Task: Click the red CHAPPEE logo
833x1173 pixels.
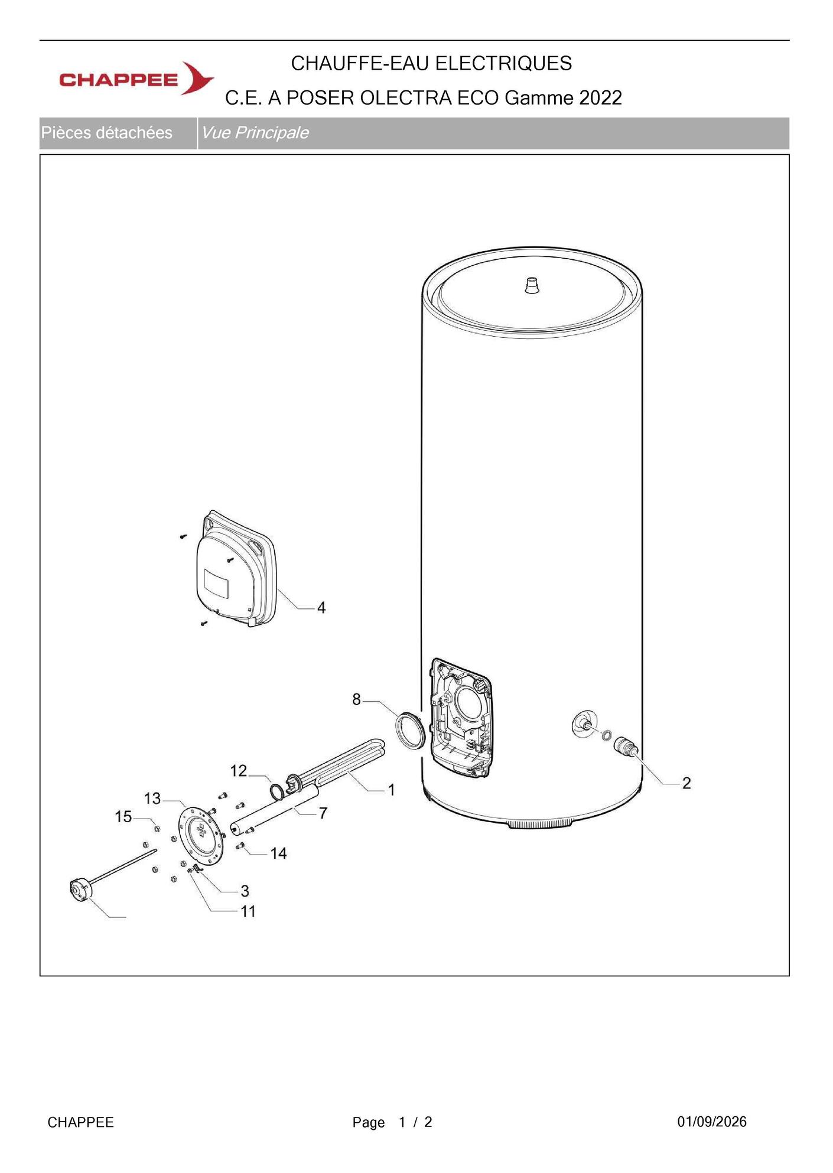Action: [136, 78]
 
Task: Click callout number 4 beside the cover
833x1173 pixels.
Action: [321, 607]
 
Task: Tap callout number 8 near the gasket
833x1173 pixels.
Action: [356, 699]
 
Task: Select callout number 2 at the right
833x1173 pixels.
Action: [686, 783]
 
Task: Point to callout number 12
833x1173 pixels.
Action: [239, 771]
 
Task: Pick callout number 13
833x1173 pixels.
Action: [152, 799]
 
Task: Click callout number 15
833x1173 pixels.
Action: [123, 817]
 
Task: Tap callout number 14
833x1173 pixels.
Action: [278, 853]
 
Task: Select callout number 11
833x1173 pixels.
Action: [248, 911]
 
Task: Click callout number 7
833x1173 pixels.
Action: [323, 813]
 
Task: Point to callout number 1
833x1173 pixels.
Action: [391, 790]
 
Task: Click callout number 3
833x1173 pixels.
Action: [245, 891]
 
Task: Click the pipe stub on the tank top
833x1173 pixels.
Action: [532, 285]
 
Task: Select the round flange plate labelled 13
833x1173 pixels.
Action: [201, 833]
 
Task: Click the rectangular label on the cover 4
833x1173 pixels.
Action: [216, 583]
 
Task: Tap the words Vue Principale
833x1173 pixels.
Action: [255, 133]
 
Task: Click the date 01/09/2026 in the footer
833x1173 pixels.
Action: [712, 1122]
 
